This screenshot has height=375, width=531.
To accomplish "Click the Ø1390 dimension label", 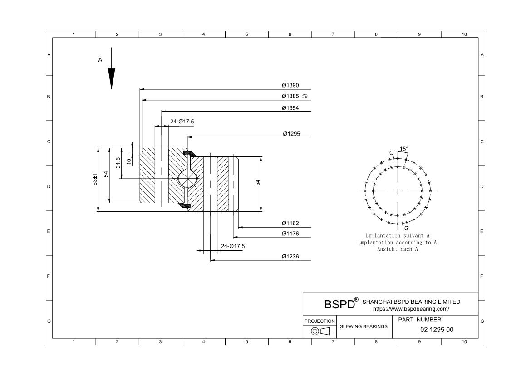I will coord(290,85).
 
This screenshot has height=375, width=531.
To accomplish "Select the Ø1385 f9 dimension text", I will coord(294,96).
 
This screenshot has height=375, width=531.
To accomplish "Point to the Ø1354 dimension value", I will coord(290,108).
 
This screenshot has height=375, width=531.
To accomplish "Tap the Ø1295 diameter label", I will coord(291,134).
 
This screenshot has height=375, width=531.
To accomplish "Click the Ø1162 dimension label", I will coord(290,223).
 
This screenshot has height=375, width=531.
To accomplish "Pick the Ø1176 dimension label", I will coord(290,234).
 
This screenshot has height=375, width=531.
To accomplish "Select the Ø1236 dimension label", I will coord(290,257).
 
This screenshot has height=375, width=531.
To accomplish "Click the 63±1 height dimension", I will coord(95,180).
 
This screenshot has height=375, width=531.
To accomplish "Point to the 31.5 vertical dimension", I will coord(118,163).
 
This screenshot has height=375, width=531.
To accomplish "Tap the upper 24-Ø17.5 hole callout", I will coord(182,122).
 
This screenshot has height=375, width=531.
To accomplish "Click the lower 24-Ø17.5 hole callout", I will coord(233,246).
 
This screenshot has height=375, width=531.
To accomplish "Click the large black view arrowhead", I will coord(111,78).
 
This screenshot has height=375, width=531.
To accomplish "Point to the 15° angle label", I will coord(403,149).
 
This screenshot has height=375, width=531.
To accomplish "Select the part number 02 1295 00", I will coord(437,330).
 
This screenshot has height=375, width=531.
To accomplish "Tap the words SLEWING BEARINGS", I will coord(364,326).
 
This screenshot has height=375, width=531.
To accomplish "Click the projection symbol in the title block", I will coord(320,331).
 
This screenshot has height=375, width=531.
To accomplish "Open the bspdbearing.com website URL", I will coord(411,309).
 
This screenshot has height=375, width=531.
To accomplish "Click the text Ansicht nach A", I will coord(397,249).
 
